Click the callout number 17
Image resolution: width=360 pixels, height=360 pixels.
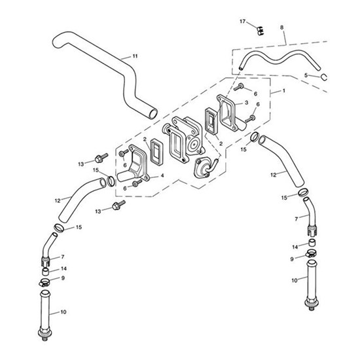click(x=242, y=22)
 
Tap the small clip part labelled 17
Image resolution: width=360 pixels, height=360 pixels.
click(x=260, y=31)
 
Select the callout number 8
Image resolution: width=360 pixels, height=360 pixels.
click(x=281, y=27)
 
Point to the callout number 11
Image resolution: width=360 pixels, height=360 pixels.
click(x=135, y=56)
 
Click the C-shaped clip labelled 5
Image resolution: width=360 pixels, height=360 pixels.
click(x=324, y=77)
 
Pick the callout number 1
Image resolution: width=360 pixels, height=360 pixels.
click(x=284, y=91)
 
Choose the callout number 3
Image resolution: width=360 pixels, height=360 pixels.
click(x=247, y=103)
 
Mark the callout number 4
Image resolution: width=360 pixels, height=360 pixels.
click(x=162, y=175)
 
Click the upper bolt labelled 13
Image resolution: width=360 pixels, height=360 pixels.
click(x=101, y=158)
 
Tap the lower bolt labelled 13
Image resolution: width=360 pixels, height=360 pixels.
click(x=118, y=205)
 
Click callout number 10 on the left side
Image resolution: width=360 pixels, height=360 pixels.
click(x=63, y=312)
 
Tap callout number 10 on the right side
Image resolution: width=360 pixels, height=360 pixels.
click(x=295, y=280)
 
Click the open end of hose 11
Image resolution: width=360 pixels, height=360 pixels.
click(x=152, y=114)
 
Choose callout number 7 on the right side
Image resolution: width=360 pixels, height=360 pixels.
click(x=296, y=219)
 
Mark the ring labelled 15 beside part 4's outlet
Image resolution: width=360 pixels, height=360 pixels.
click(x=111, y=181)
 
